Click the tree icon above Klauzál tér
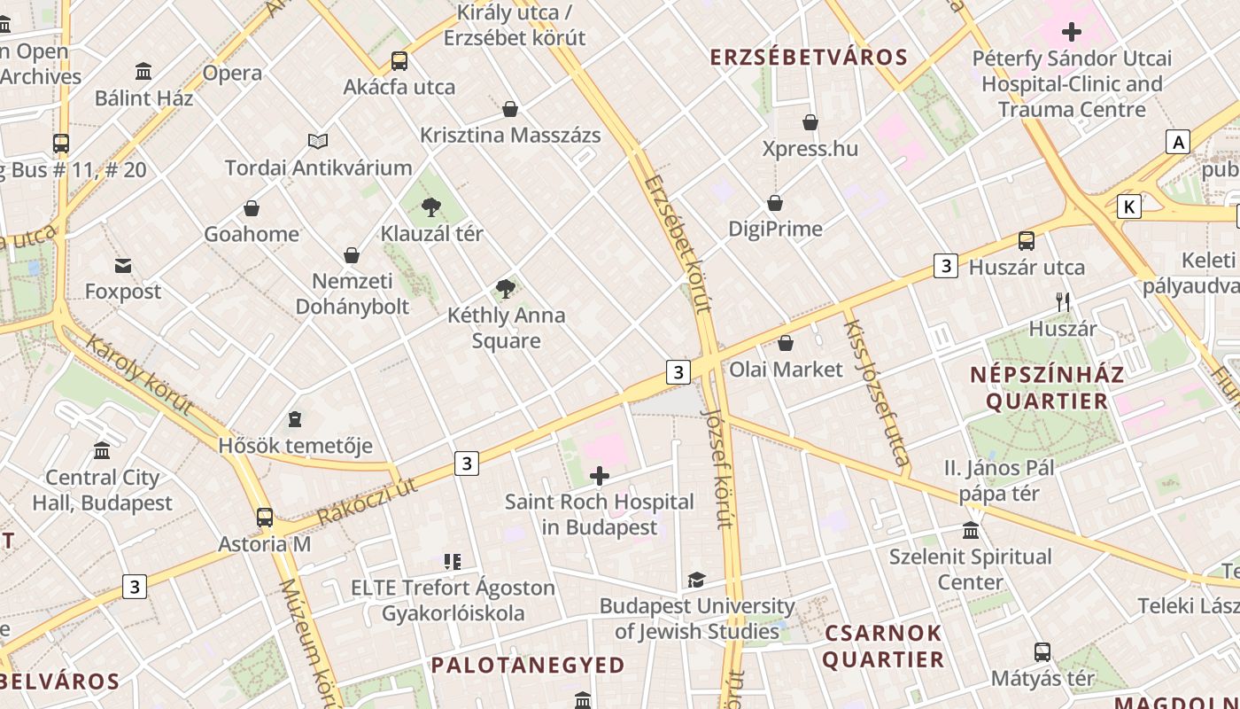coord(431,208)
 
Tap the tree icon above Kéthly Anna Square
coord(506,289)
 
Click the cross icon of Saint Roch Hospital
coord(600,477)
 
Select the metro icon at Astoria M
coord(265,518)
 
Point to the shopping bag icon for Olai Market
coord(786,343)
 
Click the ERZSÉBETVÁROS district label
coord(809,58)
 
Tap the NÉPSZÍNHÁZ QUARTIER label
coord(1047,387)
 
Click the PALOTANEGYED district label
coord(528,665)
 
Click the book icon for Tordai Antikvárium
coord(318,141)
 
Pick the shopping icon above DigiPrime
coord(775,204)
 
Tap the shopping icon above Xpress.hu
coord(810,122)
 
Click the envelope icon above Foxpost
coord(123,265)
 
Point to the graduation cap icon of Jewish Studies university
coord(697,580)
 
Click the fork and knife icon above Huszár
coord(1063,302)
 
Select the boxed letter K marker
coord(1128,206)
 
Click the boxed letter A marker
coord(1177,142)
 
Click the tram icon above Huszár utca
coord(1027,241)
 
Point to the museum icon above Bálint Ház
coord(143,71)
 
